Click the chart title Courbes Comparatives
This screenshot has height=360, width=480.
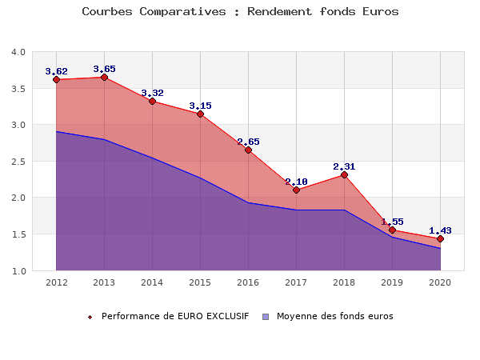tap(240, 12)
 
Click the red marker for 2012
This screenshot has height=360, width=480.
tap(57, 79)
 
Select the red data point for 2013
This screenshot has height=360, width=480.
tap(105, 78)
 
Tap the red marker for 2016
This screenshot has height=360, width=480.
tap(248, 150)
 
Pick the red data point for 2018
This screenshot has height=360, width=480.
tap(344, 174)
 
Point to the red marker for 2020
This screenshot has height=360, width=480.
tap(440, 238)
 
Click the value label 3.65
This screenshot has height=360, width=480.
tap(105, 69)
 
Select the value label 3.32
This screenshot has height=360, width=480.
tap(153, 93)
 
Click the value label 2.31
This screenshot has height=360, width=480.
tap(345, 166)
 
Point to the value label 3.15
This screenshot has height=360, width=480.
tap(201, 106)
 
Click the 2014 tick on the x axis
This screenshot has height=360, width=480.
tap(153, 282)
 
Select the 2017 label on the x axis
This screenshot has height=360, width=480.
tap(296, 282)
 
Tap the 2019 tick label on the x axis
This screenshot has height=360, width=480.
tap(392, 282)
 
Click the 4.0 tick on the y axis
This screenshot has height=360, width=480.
tap(18, 52)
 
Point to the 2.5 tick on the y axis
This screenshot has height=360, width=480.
tap(18, 162)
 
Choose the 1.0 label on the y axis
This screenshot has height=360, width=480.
tap(18, 271)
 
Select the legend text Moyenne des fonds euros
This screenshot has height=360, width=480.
tap(335, 316)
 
